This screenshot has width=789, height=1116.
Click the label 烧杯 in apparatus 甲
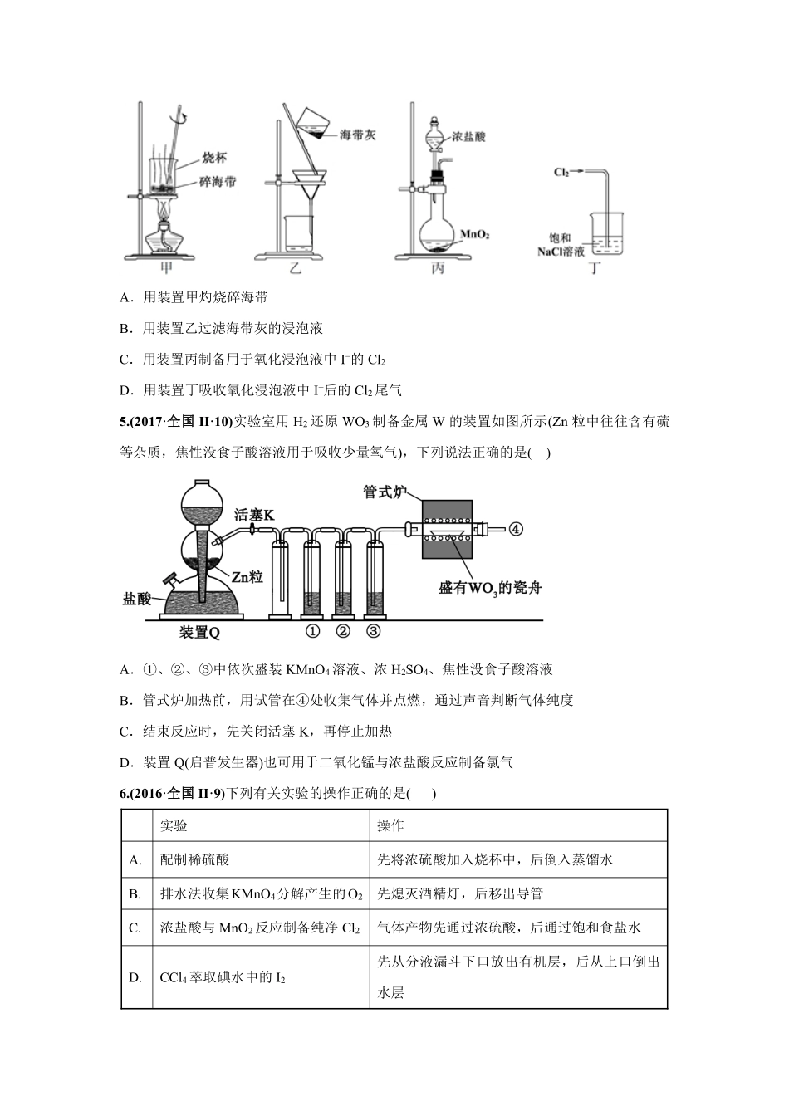(x=214, y=157)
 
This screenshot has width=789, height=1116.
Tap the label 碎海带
(x=217, y=180)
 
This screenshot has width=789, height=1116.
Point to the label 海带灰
(x=357, y=135)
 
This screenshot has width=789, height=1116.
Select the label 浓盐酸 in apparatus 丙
(x=469, y=137)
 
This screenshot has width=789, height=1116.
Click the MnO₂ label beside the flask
(x=474, y=235)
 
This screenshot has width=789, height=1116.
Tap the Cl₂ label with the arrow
(x=562, y=172)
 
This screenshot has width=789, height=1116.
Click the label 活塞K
(x=256, y=514)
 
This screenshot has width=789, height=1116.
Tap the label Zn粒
(x=247, y=576)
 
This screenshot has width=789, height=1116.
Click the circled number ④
(x=516, y=528)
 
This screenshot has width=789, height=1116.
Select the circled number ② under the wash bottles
(x=342, y=631)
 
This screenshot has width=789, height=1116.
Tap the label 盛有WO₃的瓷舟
(x=491, y=588)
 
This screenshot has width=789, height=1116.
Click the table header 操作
(x=390, y=825)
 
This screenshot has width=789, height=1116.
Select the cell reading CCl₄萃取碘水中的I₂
(x=223, y=977)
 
